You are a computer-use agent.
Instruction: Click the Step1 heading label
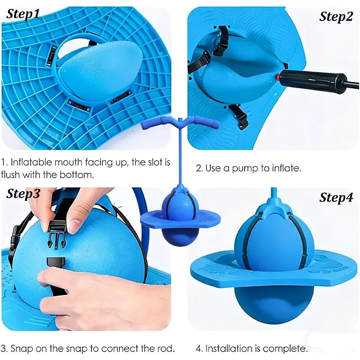click(x=23, y=14)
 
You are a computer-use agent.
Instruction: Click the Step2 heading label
click(x=336, y=17)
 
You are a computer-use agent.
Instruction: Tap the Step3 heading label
click(x=23, y=193)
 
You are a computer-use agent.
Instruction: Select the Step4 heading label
click(x=336, y=197)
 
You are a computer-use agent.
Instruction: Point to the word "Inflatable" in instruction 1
click(x=31, y=162)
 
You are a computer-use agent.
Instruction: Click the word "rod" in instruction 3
click(x=164, y=348)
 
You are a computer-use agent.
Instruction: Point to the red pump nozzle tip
click(x=278, y=76)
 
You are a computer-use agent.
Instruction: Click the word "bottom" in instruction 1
click(x=76, y=175)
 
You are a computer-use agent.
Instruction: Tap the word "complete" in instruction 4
click(x=285, y=349)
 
